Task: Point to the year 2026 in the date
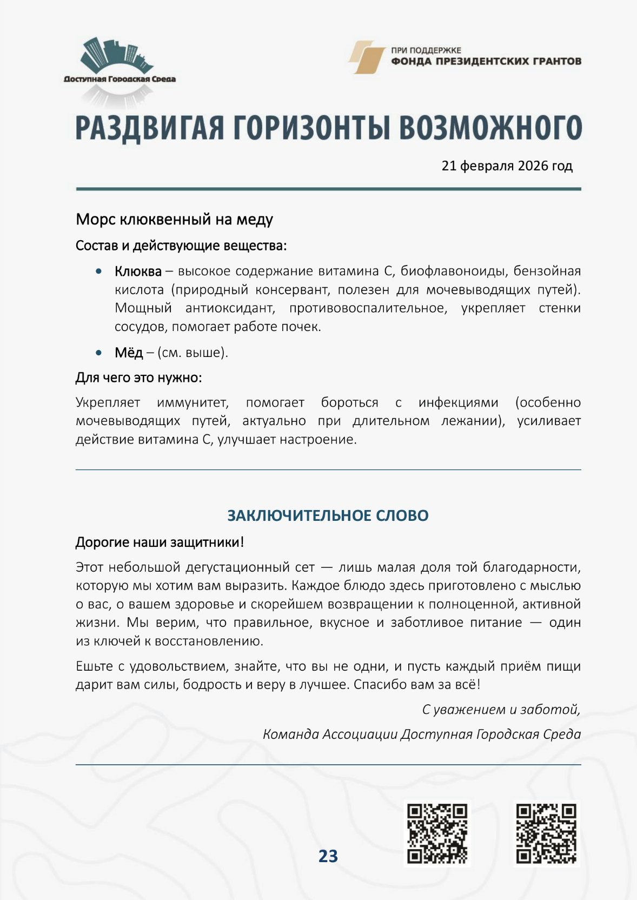[x=533, y=166]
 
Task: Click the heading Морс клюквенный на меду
[x=174, y=219]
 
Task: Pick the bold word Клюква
[x=138, y=271]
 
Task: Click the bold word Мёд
[x=128, y=353]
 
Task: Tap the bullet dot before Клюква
[x=98, y=271]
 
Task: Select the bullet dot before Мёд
[x=98, y=353]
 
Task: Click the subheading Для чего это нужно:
[x=138, y=377]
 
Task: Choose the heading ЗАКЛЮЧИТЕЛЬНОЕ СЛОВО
[x=328, y=515]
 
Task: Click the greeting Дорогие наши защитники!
[x=160, y=542]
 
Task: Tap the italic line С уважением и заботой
[x=501, y=709]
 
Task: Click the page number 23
[x=328, y=856]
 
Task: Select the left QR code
[x=437, y=833]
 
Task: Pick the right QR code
[x=546, y=833]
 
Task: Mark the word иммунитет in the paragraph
[x=193, y=402]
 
